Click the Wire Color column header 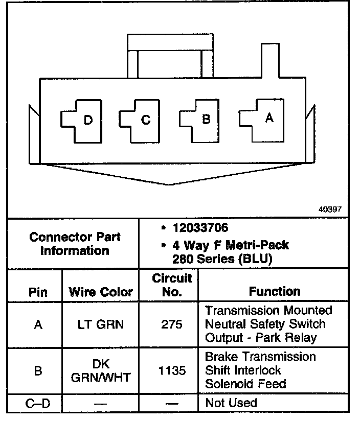pos(101,292)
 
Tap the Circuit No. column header pos(172,285)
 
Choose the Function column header pos(275,291)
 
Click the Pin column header pos(38,292)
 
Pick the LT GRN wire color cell pos(101,324)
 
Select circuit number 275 pos(172,324)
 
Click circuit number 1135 pos(172,370)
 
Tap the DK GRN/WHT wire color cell pos(101,370)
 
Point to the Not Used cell pos(231,403)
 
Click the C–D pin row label pos(38,404)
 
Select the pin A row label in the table pos(38,324)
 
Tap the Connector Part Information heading pos(75,244)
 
